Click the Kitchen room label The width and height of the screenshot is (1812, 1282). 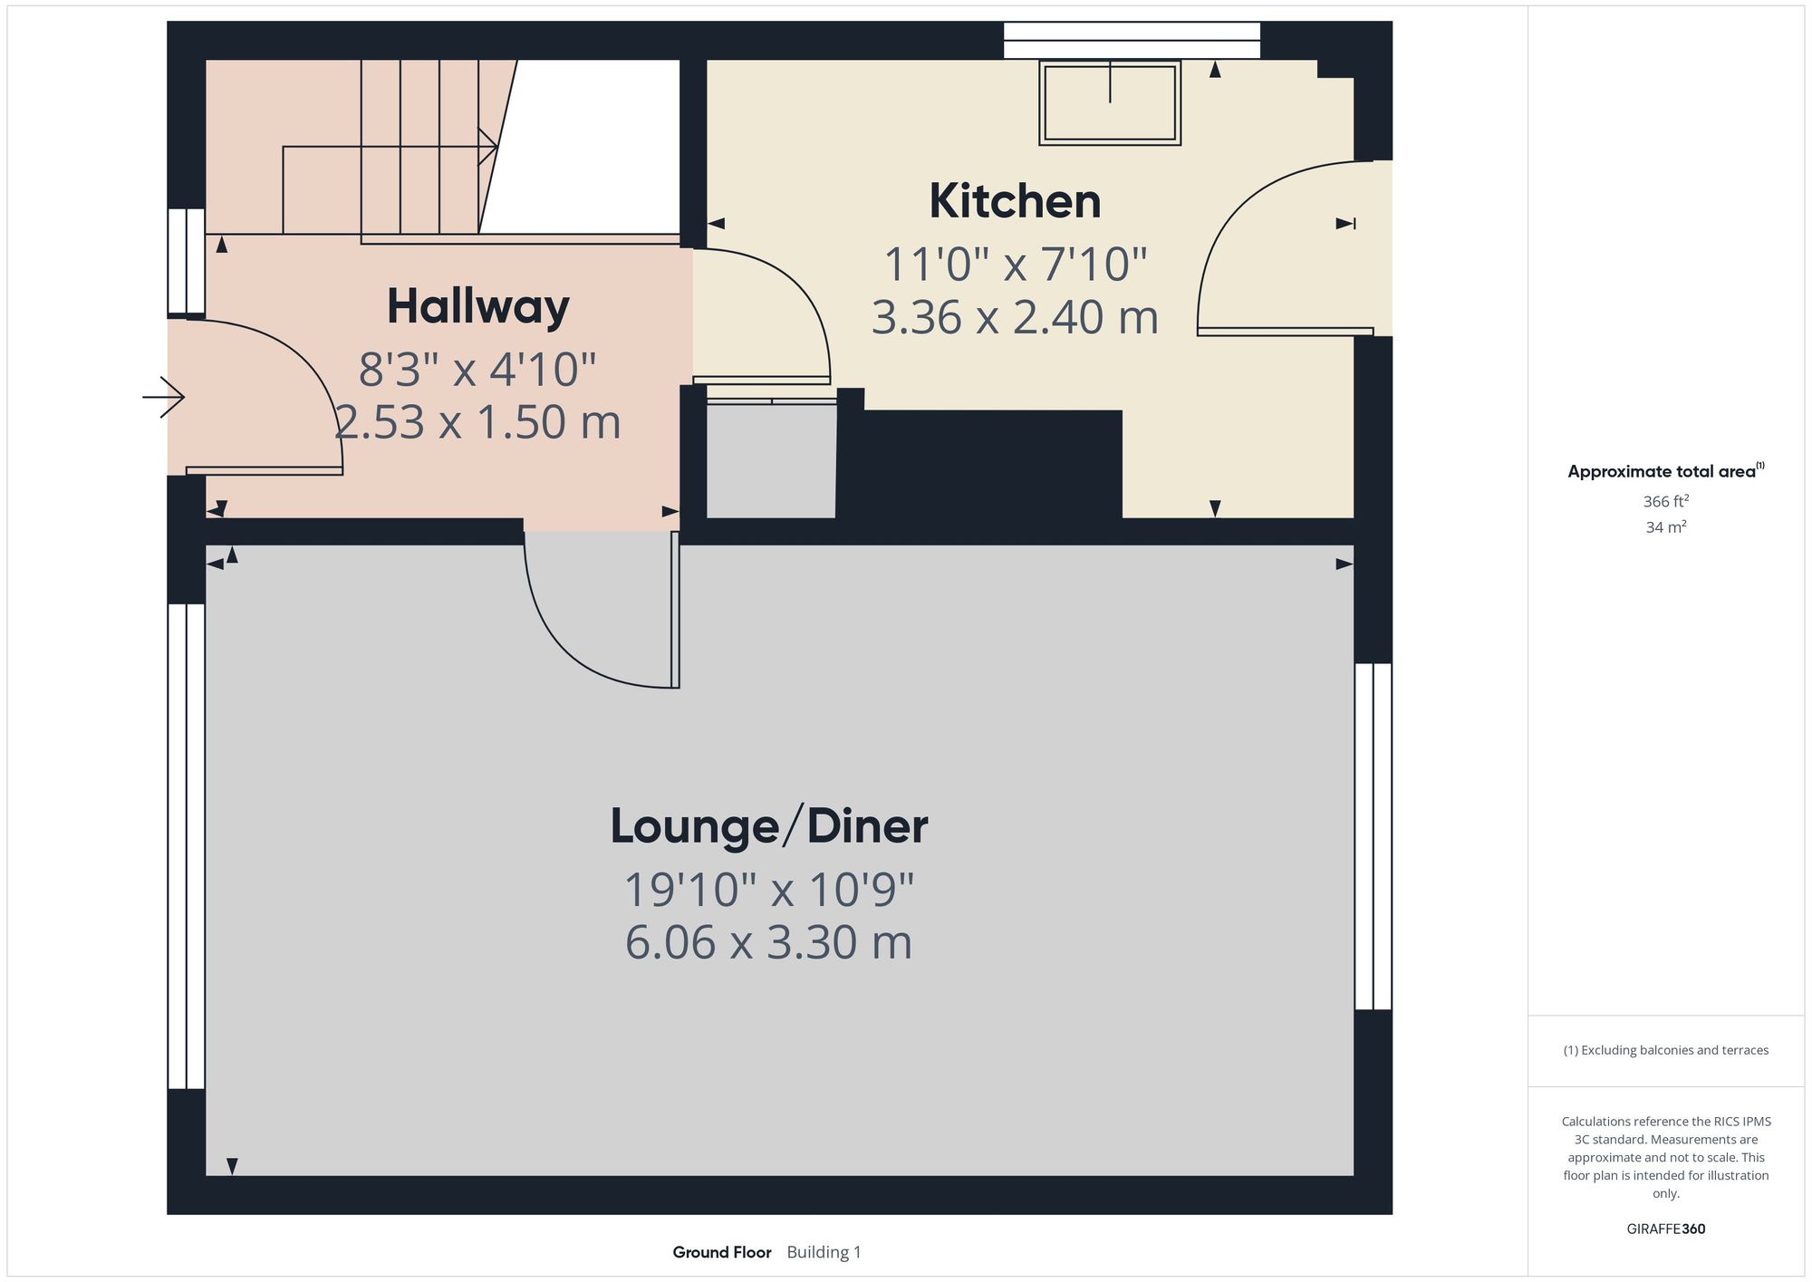(x=1015, y=201)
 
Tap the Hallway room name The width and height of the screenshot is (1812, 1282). (x=477, y=306)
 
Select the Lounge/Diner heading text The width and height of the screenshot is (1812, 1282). (x=768, y=826)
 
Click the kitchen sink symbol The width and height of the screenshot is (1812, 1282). (x=1110, y=102)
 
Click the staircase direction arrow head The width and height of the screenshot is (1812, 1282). (x=488, y=147)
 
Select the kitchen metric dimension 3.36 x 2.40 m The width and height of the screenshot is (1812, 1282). (x=1015, y=318)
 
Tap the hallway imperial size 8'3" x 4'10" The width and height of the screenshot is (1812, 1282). (x=477, y=370)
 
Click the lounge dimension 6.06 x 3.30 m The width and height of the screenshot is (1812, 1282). (x=768, y=942)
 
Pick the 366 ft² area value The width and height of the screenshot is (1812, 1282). (x=1665, y=501)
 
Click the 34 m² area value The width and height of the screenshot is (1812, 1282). (x=1665, y=526)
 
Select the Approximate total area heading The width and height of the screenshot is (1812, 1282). (x=1665, y=471)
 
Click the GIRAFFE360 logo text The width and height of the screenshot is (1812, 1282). (x=1665, y=1229)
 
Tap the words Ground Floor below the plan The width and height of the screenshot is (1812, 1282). (x=721, y=1252)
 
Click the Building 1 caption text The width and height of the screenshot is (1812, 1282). (x=824, y=1252)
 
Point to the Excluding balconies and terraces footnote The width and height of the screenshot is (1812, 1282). (x=1665, y=1050)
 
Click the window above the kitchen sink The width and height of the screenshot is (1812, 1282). (x=1132, y=41)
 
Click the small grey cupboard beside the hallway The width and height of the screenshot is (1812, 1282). (x=771, y=460)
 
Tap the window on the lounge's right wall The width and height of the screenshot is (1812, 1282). (x=1373, y=835)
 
